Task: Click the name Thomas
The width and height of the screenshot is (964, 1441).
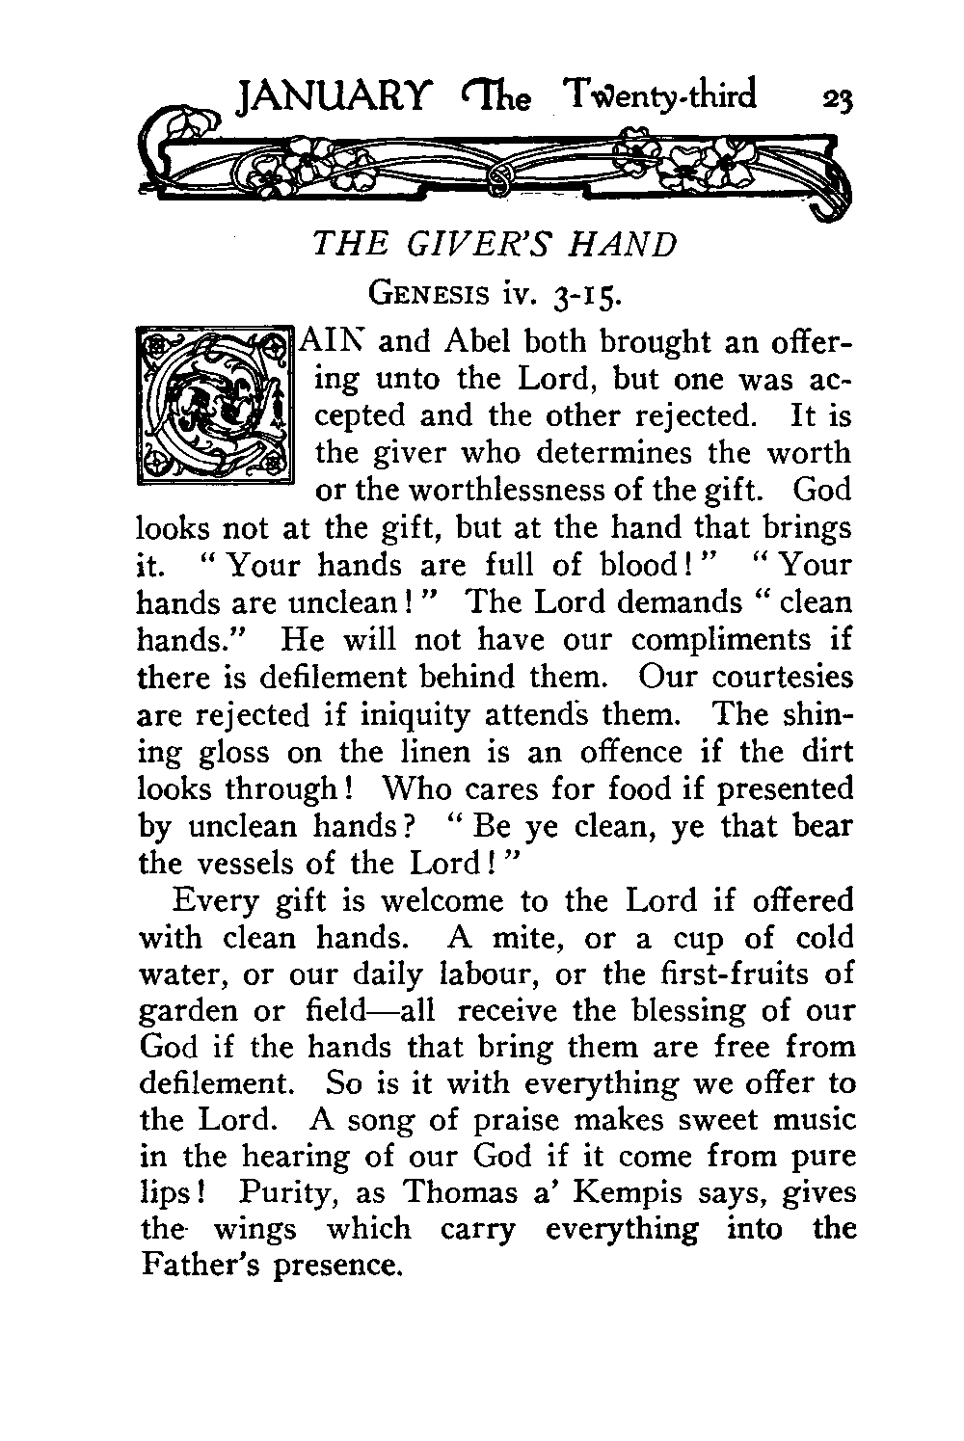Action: (x=461, y=1192)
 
